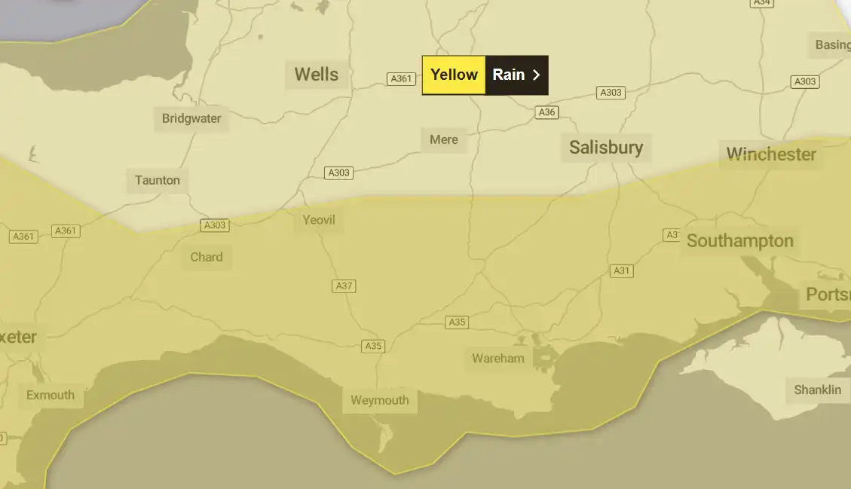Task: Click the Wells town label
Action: coord(317,75)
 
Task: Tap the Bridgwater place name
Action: coord(191,118)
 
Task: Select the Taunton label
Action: coord(158,180)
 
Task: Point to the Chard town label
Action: coord(207,257)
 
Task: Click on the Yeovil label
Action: coord(319,220)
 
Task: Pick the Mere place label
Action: coord(444,139)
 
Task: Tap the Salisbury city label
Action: coord(606,147)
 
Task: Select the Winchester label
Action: coord(771,154)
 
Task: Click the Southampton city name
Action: coord(739,241)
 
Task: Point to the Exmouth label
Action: coord(51,395)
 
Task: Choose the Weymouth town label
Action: coord(380,400)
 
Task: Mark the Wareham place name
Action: coord(497,358)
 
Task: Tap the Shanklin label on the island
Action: coord(817,390)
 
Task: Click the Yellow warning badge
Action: coord(454,75)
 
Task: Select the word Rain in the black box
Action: coord(509,75)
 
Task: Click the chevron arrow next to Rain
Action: coord(536,75)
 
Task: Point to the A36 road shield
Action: coord(546,112)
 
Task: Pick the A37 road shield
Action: coord(344,286)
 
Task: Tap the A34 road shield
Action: coord(762,3)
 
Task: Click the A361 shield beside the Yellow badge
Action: coord(401,78)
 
